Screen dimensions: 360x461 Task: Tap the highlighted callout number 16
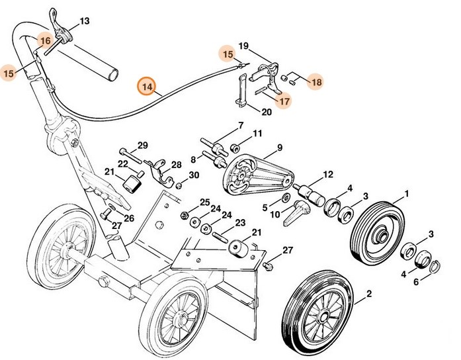[44, 41]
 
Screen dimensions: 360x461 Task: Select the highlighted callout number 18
[316, 82]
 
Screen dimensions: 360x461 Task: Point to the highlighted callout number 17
[283, 101]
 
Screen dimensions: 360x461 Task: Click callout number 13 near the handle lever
[84, 21]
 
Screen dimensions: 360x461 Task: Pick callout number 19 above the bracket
[243, 46]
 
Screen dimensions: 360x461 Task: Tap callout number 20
[267, 112]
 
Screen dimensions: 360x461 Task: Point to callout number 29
[142, 146]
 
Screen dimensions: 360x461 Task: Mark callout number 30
[193, 175]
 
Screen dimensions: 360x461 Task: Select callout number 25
[204, 202]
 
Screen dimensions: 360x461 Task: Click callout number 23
[239, 222]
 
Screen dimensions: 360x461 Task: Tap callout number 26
[128, 218]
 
